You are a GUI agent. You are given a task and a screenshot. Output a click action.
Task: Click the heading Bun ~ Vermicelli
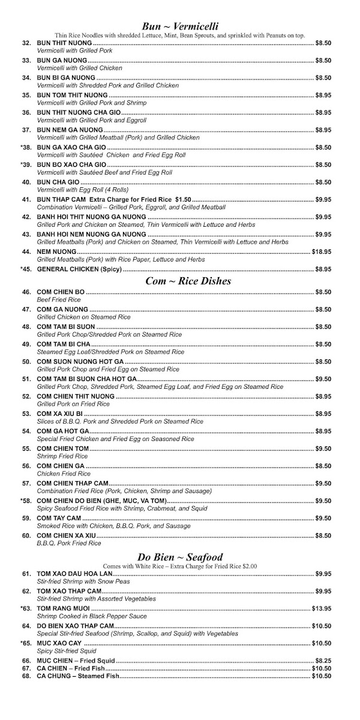tap(180, 26)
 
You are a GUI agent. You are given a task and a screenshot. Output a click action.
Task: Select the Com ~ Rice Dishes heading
tap(180, 281)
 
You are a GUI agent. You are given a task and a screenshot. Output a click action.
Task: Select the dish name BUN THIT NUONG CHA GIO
tap(80, 112)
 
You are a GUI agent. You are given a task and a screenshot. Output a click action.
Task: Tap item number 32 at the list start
tap(26, 43)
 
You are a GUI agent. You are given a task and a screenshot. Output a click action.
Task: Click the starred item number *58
tap(25, 500)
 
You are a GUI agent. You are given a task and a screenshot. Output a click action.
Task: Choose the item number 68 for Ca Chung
tap(26, 676)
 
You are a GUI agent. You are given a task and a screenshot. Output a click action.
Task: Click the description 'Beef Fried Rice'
tap(59, 299)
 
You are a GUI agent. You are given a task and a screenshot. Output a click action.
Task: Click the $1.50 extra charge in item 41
tap(183, 199)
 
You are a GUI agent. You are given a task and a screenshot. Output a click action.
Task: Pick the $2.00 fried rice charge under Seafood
tap(247, 565)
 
